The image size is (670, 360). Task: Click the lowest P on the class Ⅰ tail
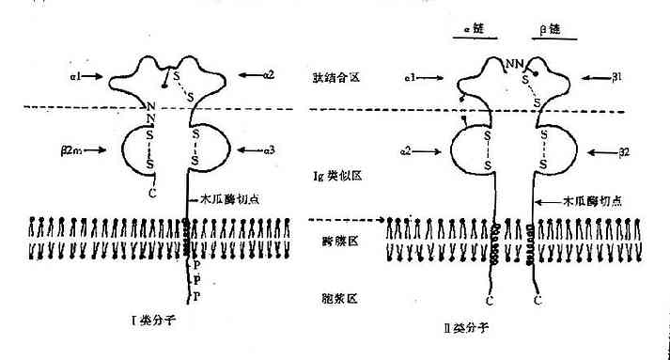click(197, 296)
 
